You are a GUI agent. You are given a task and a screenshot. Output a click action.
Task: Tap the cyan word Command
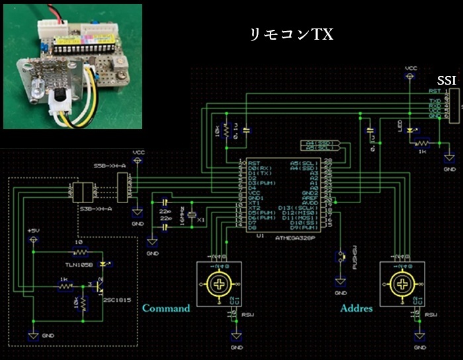coord(166,308)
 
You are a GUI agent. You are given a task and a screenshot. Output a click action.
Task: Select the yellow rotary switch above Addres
coord(401,285)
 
